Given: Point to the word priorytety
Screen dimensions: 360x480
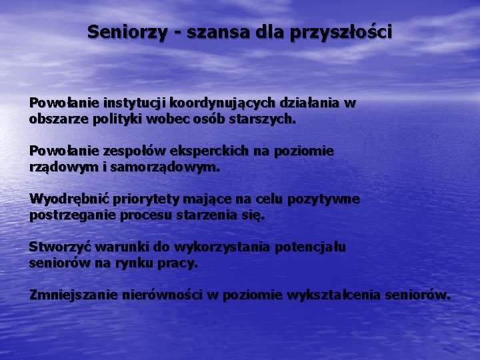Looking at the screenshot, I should [141, 199].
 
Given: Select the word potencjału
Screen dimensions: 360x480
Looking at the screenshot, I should [310, 247].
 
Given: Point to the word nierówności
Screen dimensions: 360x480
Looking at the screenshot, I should [162, 295].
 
